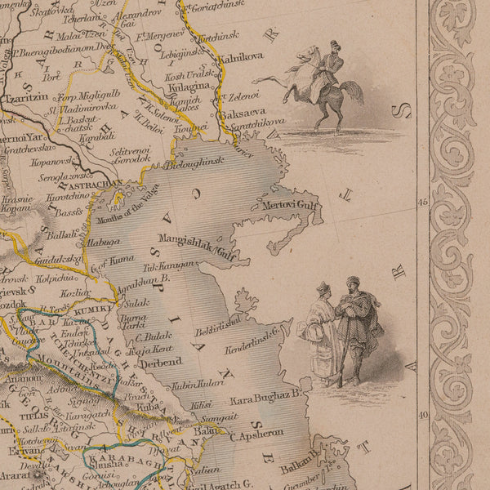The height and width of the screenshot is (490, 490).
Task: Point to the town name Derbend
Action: point(160,363)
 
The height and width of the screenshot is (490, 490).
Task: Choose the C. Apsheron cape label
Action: point(256,435)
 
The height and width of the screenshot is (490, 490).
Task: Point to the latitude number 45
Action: point(423,201)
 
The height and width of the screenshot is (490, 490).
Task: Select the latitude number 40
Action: point(423,414)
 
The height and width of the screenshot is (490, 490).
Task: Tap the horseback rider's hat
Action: point(334,44)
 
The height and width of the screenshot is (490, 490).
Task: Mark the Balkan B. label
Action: point(301,468)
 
